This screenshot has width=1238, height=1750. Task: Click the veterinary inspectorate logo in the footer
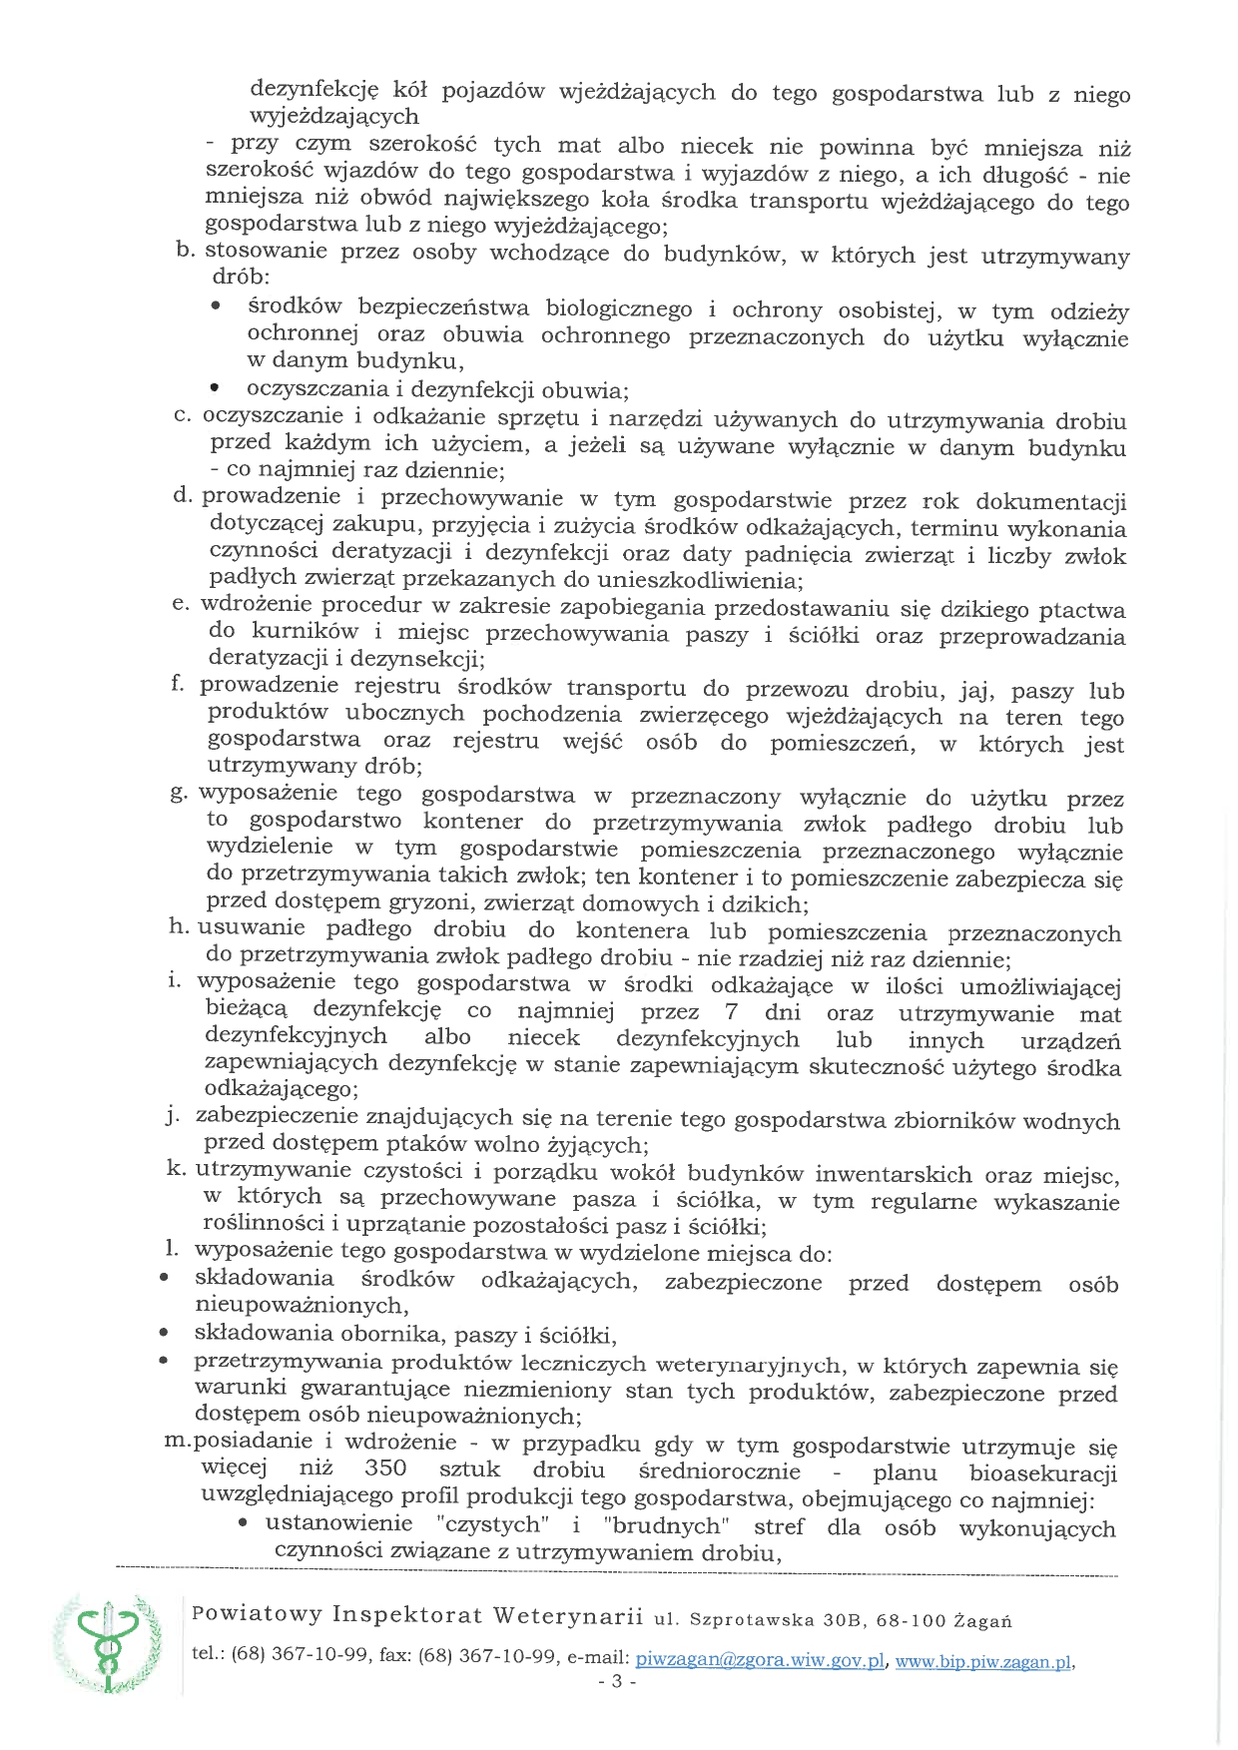[x=106, y=1644]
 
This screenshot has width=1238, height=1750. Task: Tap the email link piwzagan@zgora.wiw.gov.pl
[x=760, y=1659]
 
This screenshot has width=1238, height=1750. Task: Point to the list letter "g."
[x=180, y=793]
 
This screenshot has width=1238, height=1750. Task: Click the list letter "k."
[x=177, y=1168]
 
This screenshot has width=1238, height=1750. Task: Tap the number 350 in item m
[x=385, y=1468]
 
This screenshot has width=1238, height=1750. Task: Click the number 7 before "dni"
[x=731, y=1012]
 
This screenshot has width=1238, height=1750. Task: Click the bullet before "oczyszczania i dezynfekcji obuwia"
[x=215, y=387]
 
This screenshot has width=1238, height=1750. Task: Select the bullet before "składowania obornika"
[x=163, y=1333]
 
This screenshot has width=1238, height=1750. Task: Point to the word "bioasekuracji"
[x=1042, y=1473]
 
